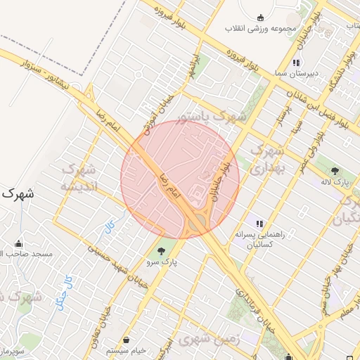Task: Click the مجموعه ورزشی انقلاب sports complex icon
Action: coord(261,18)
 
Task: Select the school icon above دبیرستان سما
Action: coord(296,63)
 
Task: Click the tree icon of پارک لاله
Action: coord(335,170)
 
